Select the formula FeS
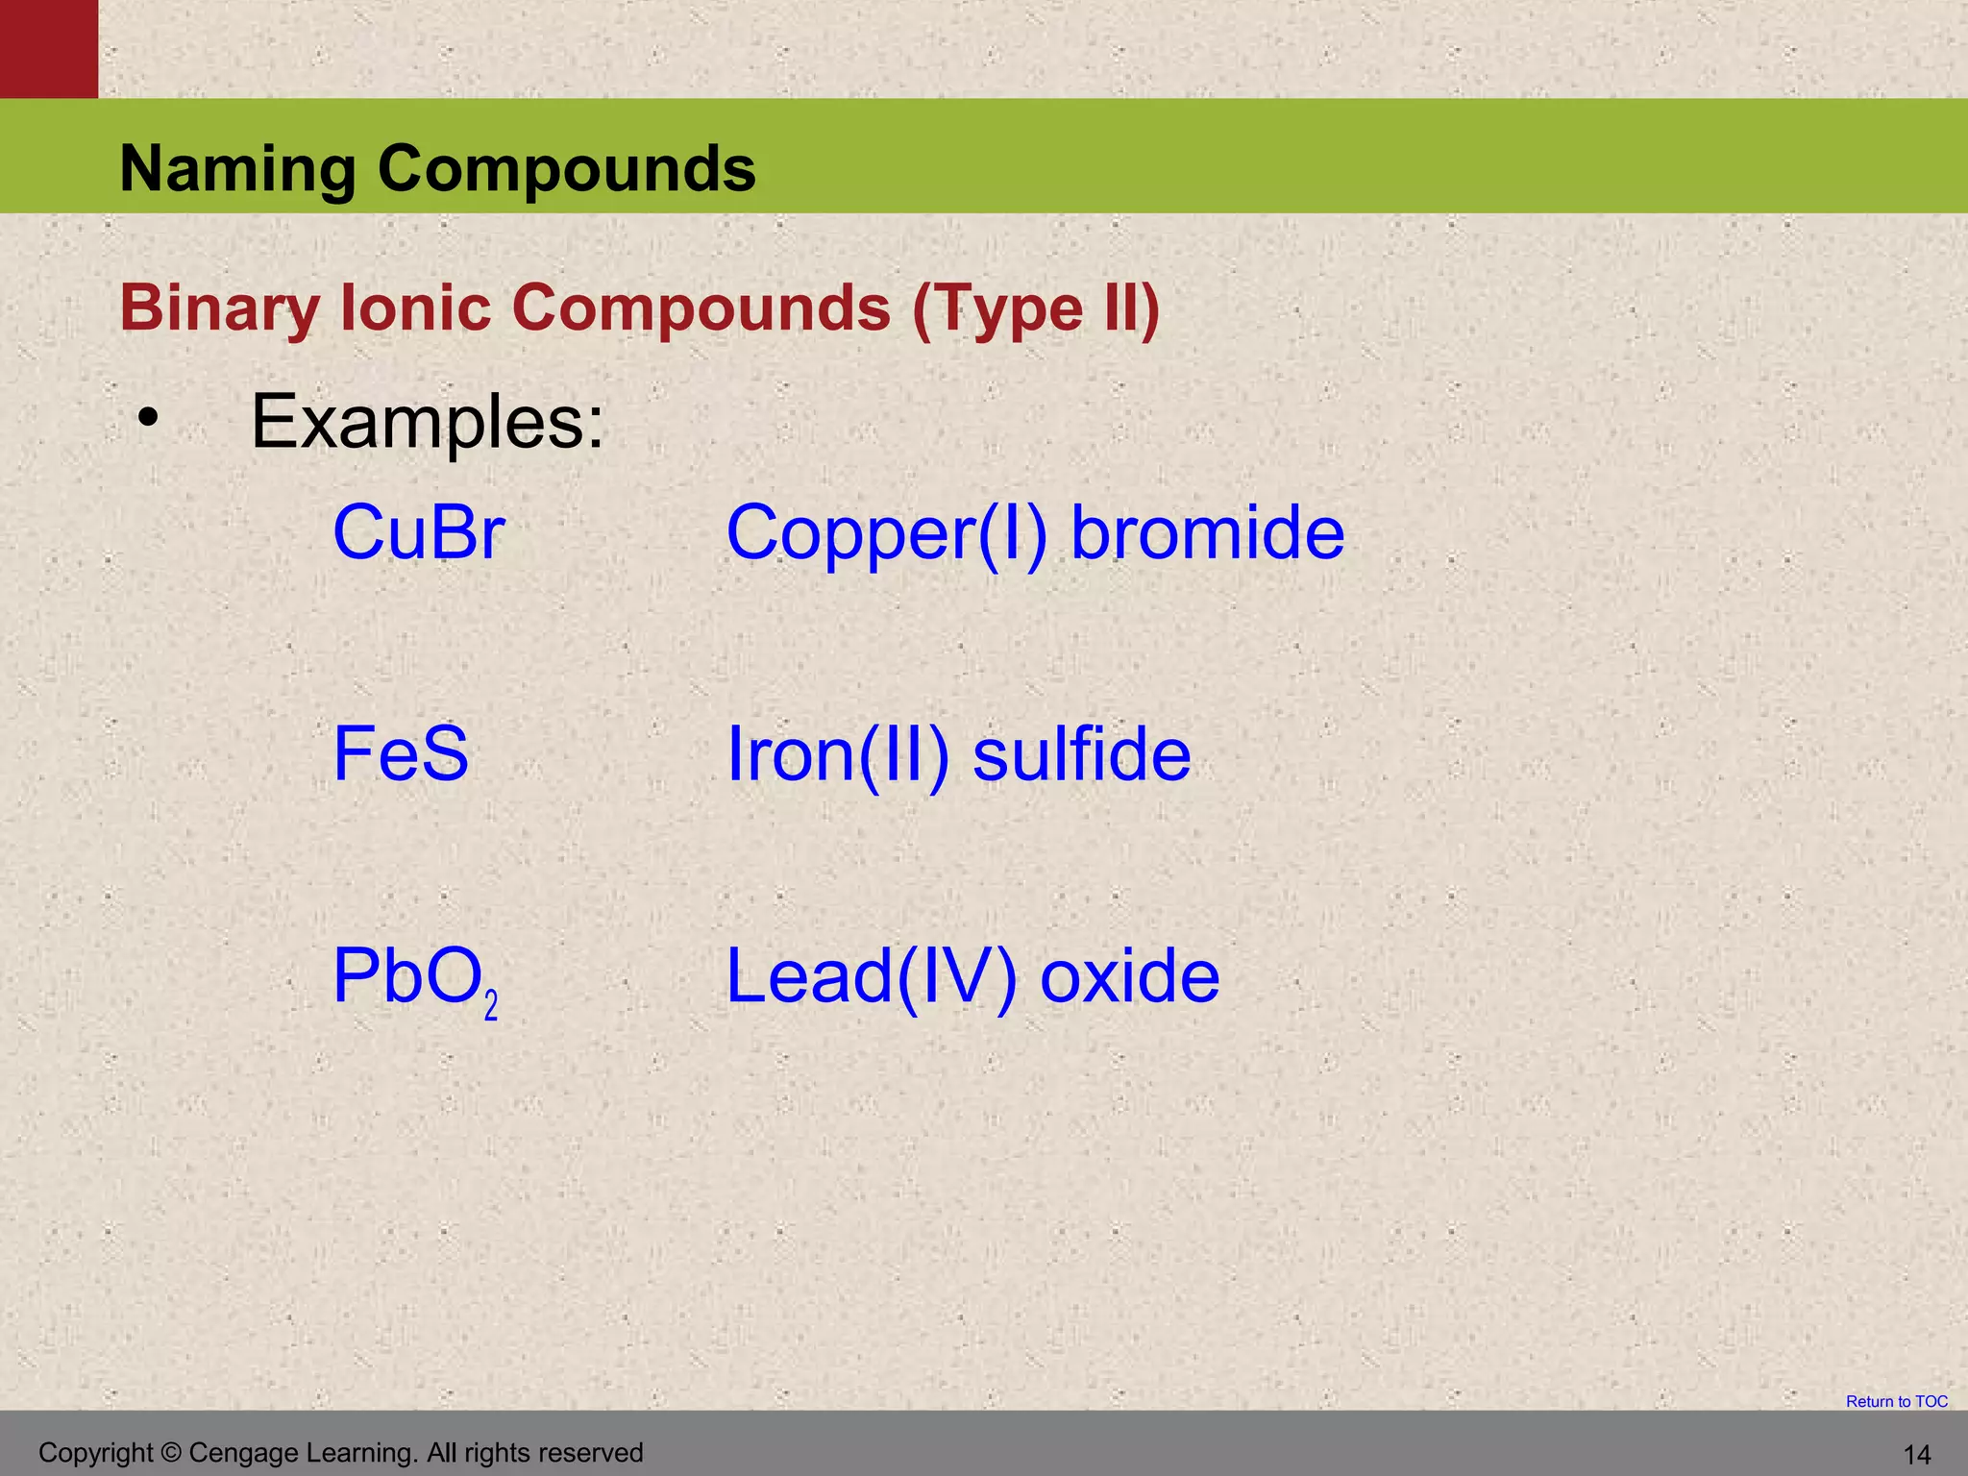[401, 754]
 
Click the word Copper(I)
[886, 534]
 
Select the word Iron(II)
[838, 755]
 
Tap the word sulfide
[1082, 754]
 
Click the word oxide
[1130, 977]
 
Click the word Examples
[427, 422]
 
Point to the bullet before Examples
[147, 418]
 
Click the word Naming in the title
[237, 169]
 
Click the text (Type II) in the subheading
[1035, 309]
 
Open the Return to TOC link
[1896, 1402]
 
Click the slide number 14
[1916, 1455]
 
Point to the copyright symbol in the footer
[172, 1453]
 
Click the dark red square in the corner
[48, 48]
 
